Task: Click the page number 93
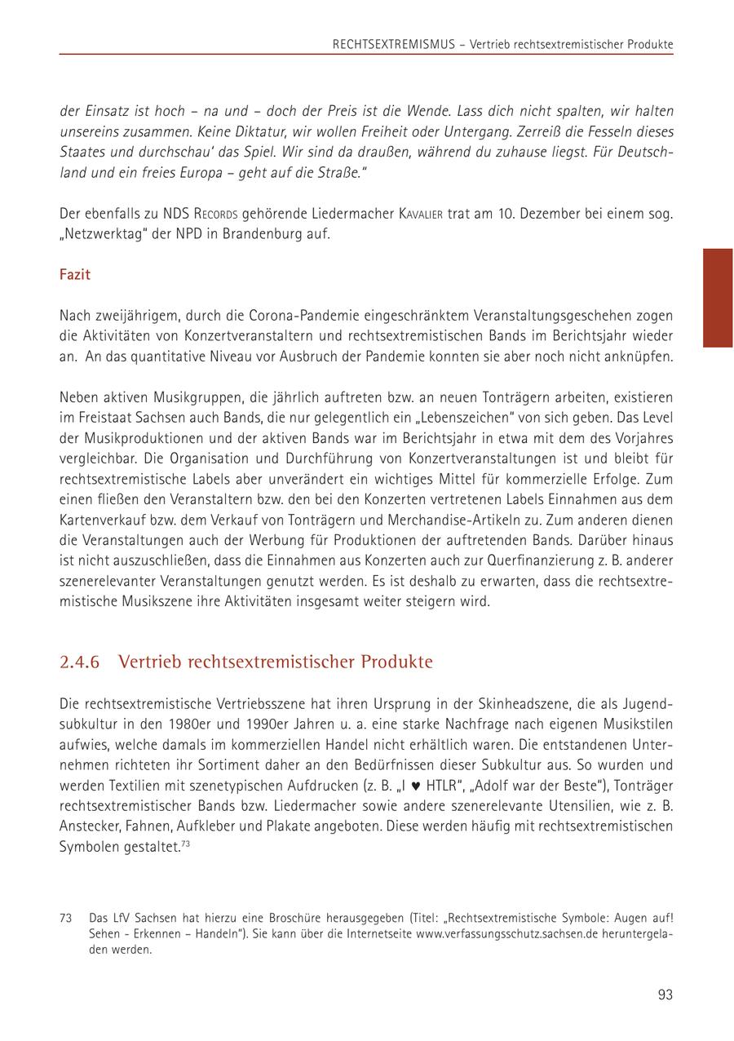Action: (665, 994)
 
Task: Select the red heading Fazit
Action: (75, 274)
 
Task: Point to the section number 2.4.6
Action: (80, 662)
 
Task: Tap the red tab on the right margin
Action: (718, 298)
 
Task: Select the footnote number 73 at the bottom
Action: (67, 918)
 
